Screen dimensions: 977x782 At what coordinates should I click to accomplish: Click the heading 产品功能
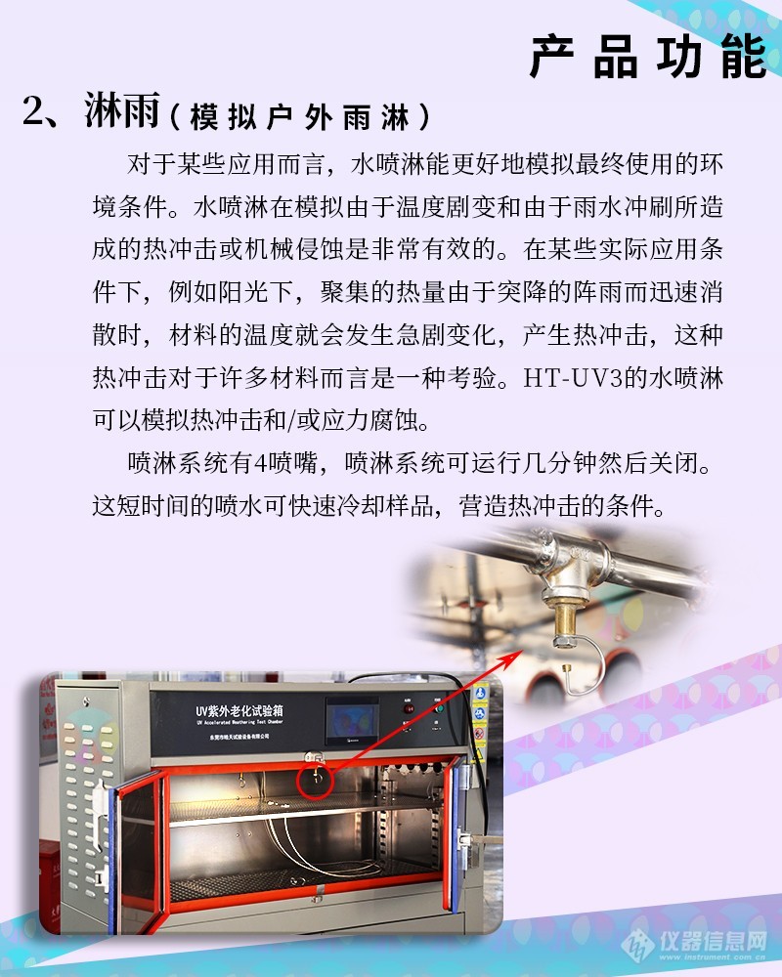coord(647,57)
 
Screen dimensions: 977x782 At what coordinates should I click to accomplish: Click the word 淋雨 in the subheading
coord(121,114)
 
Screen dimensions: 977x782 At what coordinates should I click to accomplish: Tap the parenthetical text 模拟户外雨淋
coord(299,117)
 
